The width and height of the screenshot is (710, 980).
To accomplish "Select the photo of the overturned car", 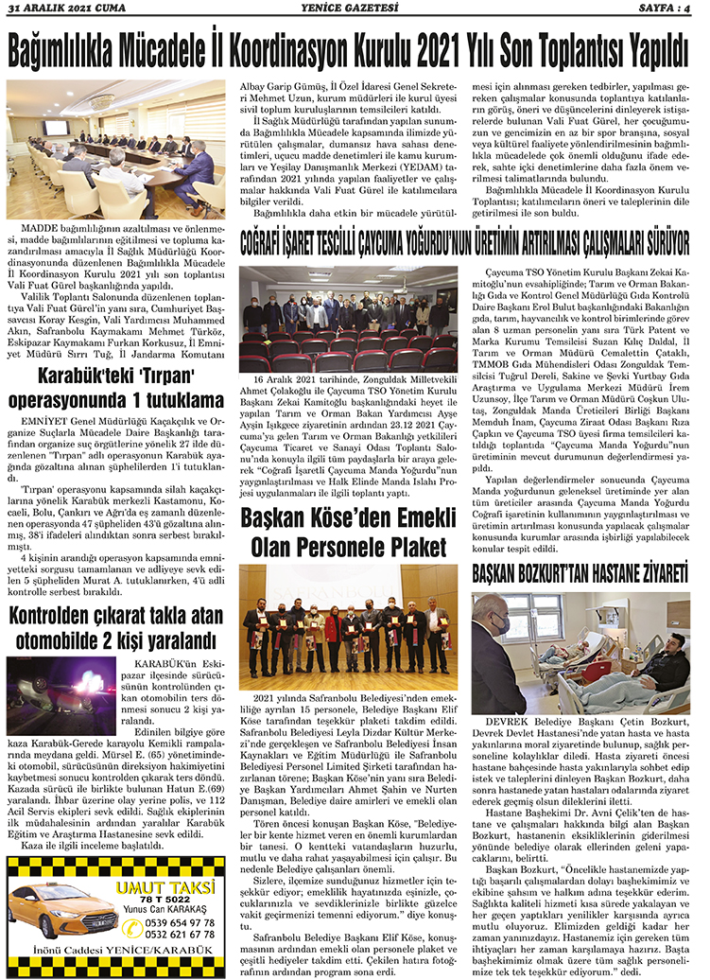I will click(x=61, y=695).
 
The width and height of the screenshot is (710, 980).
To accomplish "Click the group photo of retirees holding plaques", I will click(x=349, y=625).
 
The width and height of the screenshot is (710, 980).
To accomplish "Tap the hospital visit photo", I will click(x=580, y=654).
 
